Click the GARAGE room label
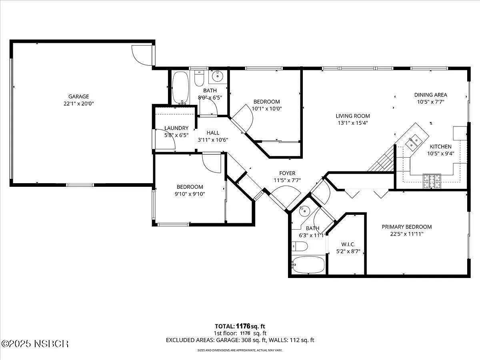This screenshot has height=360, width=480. tap(78, 96)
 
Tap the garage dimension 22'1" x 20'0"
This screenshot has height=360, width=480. tap(78, 103)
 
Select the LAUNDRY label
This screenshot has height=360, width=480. tap(176, 128)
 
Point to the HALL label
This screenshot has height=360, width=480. tap(213, 133)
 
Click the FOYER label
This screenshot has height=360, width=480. tap(287, 173)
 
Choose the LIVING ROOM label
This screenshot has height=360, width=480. tap(353, 116)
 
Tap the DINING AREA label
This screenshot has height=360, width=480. tap(430, 95)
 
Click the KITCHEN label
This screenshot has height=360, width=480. tap(441, 146)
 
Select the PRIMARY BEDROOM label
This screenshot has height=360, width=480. tap(407, 227)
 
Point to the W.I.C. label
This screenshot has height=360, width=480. tap(348, 244)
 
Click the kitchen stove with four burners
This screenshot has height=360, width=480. tap(432, 181)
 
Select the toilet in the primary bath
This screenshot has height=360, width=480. tap(300, 246)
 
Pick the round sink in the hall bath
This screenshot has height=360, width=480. tap(218, 76)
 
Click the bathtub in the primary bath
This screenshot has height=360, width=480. tap(308, 265)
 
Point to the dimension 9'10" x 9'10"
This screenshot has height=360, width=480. tap(190, 194)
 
